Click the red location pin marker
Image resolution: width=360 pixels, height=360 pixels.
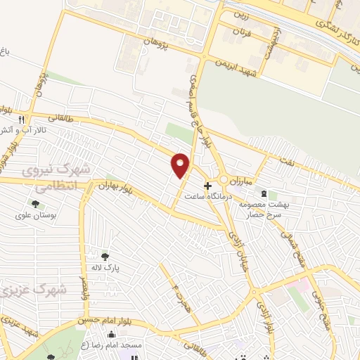181,165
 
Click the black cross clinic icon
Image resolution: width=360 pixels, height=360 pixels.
207,186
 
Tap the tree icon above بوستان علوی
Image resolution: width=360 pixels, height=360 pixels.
35,204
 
